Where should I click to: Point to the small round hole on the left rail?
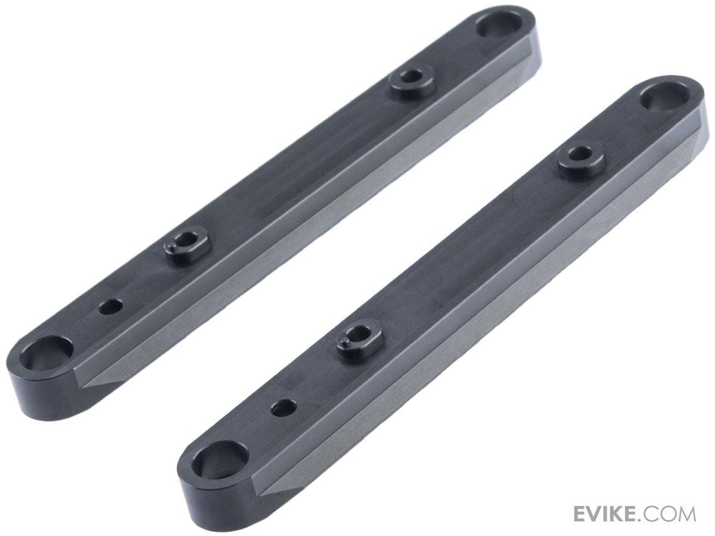(x=110, y=307)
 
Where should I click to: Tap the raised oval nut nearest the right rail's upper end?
(x=579, y=154)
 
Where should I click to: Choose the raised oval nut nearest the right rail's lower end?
(x=357, y=338)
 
